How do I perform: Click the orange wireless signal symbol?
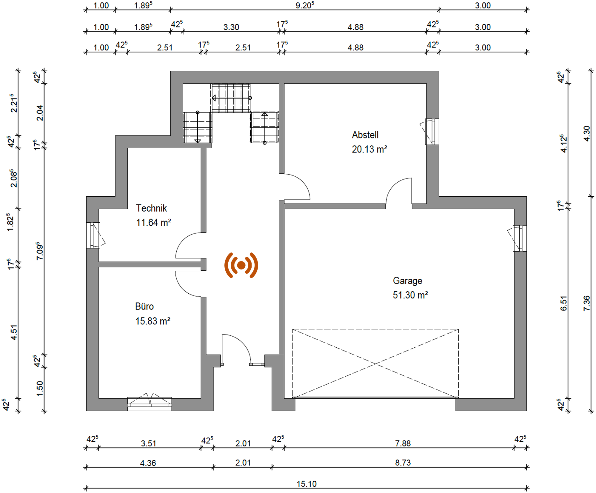(241, 265)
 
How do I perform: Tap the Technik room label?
(151, 208)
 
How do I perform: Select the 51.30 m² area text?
(410, 295)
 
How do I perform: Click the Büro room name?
(144, 306)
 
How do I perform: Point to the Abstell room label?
(365, 135)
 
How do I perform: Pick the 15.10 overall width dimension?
(307, 484)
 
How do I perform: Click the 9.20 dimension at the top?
(305, 5)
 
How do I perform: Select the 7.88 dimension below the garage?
(403, 443)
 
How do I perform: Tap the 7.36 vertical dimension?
(587, 303)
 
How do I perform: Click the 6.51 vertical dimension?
(563, 303)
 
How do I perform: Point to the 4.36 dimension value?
(148, 463)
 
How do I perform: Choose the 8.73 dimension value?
(403, 463)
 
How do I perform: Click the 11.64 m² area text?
(153, 222)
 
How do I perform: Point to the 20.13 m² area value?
(369, 149)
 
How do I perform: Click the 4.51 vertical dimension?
(14, 332)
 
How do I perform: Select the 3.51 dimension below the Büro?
(149, 443)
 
